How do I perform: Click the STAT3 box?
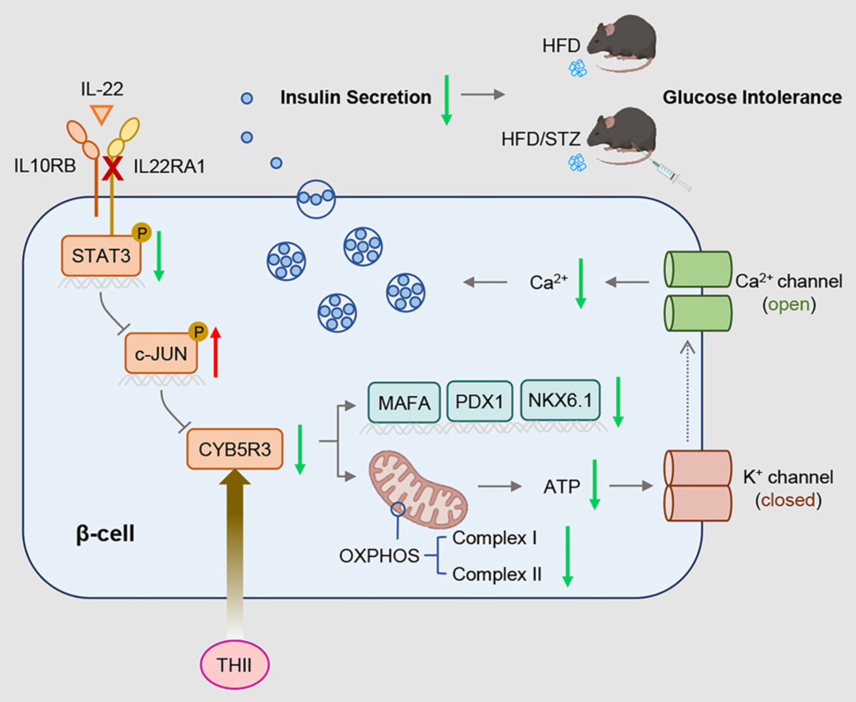(101, 256)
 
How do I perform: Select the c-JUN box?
(161, 353)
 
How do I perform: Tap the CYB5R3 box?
(235, 449)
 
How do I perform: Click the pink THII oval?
(235, 664)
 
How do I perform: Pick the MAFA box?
(404, 402)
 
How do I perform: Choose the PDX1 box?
(479, 401)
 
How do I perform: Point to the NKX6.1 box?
(560, 400)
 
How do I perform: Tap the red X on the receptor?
(113, 168)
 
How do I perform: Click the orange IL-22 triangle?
(101, 114)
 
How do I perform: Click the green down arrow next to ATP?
(595, 484)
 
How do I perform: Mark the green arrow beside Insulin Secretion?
(447, 100)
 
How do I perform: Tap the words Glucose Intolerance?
(752, 97)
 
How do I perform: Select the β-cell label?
(105, 533)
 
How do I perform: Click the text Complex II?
(497, 574)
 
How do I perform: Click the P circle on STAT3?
(142, 233)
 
